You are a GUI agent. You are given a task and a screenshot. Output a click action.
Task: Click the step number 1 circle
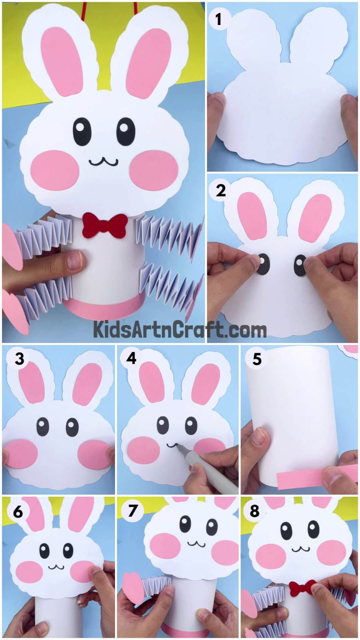click(217, 19)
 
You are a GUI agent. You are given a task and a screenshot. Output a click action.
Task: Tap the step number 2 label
click(221, 190)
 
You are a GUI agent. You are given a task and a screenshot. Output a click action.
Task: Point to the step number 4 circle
click(131, 358)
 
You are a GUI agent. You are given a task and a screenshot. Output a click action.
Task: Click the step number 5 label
click(257, 359)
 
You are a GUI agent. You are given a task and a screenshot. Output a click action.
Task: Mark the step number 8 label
click(255, 511)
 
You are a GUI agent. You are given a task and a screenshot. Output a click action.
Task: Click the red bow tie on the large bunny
click(105, 225)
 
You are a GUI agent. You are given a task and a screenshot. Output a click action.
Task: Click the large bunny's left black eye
click(82, 131)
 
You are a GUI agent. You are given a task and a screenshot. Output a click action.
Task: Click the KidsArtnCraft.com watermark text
click(180, 330)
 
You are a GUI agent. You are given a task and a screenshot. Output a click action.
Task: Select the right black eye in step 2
click(300, 265)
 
